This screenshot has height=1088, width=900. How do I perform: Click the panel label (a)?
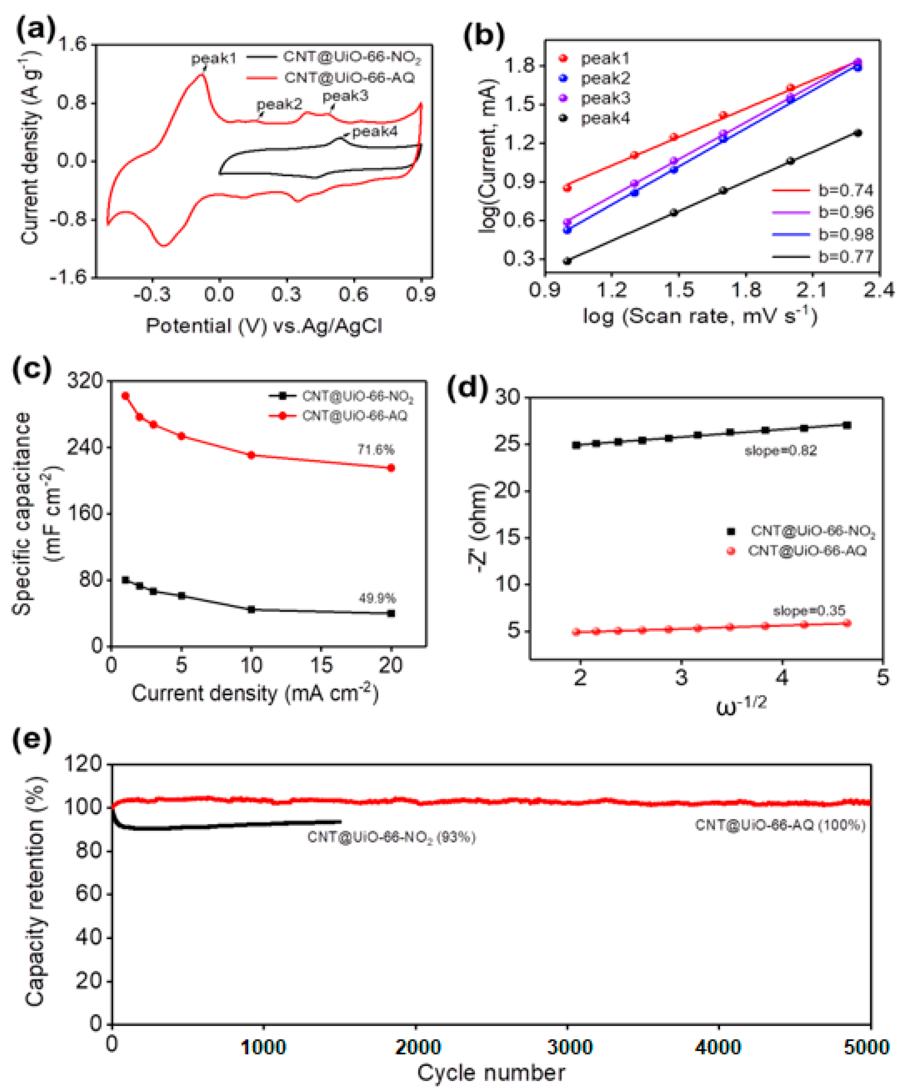pyautogui.click(x=35, y=31)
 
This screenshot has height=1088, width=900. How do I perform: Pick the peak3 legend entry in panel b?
pyautogui.click(x=605, y=98)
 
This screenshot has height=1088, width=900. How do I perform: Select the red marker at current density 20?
pyautogui.click(x=391, y=468)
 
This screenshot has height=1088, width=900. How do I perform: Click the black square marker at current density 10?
pyautogui.click(x=251, y=609)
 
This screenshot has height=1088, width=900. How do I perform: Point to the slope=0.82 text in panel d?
pyautogui.click(x=780, y=451)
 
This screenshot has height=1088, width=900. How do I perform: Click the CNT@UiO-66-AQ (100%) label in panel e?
pyautogui.click(x=780, y=825)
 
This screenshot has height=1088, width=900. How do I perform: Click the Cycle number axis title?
pyautogui.click(x=491, y=1072)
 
